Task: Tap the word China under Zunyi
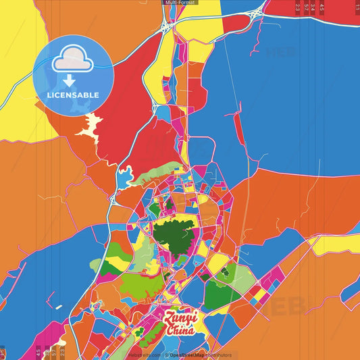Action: (x=180, y=330)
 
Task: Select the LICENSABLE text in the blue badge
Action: (x=73, y=95)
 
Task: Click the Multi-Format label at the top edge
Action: (x=180, y=3)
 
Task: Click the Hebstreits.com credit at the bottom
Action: (x=144, y=354)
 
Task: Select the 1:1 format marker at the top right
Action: (x=357, y=7)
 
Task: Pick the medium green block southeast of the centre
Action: (x=217, y=294)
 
